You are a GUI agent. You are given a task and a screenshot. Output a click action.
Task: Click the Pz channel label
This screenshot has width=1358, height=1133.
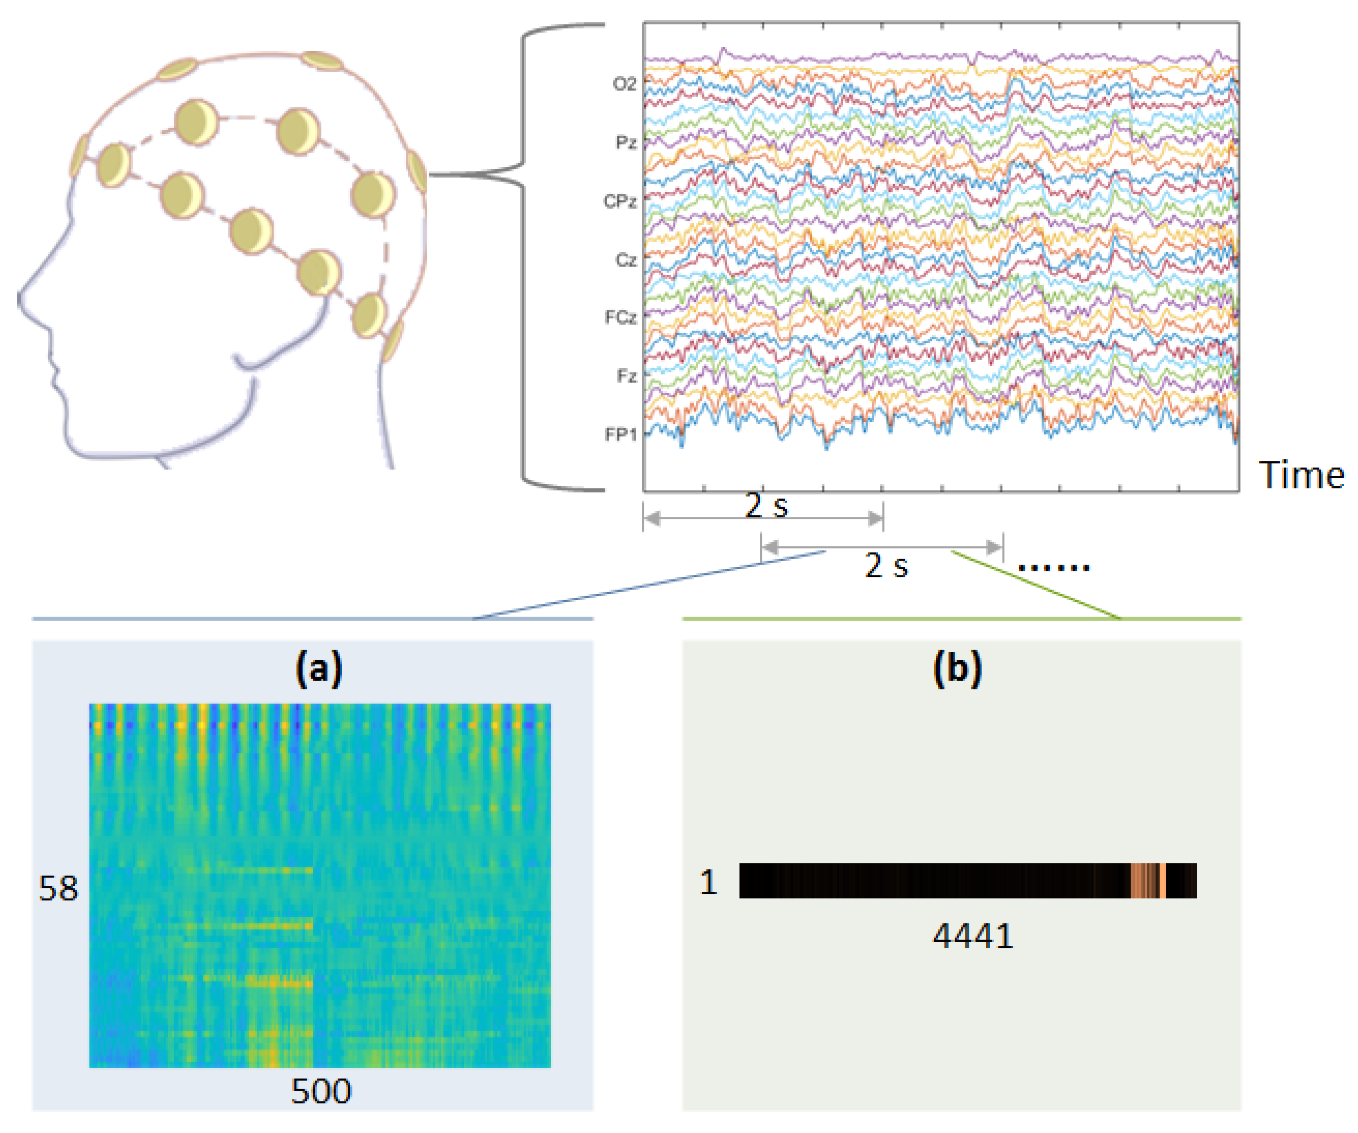[625, 142]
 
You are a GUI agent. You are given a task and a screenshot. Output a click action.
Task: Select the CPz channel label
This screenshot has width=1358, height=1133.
[619, 201]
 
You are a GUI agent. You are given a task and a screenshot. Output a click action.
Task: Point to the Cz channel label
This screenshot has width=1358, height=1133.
[625, 259]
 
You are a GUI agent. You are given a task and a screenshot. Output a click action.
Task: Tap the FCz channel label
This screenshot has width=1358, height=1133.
[620, 317]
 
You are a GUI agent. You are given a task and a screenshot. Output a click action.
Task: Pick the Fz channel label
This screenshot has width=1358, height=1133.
[626, 375]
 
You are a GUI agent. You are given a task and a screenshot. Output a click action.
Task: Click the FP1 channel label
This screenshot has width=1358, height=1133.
[620, 434]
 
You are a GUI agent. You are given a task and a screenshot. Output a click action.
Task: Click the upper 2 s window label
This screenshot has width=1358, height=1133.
[766, 505]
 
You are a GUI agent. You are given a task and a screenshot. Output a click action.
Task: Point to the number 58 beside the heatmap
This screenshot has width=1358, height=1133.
[58, 888]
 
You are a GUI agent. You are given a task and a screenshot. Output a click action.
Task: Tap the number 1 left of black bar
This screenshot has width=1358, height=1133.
[708, 882]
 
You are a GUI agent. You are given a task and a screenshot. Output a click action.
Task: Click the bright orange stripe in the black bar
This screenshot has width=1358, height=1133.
[1162, 881]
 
